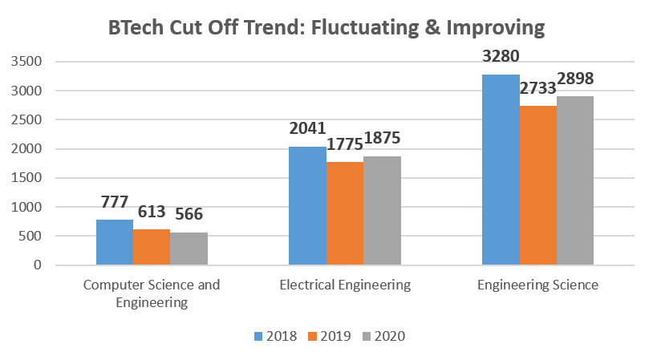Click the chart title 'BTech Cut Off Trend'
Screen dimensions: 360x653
[326, 29]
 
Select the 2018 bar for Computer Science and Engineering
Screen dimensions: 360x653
[115, 242]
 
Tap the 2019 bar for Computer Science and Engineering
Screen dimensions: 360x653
[152, 247]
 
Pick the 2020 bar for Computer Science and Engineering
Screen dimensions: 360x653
[189, 249]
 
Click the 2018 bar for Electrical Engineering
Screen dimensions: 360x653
[307, 206]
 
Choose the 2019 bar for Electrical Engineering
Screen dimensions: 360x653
[345, 213]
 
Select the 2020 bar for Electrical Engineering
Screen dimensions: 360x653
[382, 211]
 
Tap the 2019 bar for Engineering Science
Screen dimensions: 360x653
[538, 185]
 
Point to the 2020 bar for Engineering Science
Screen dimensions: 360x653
[575, 180]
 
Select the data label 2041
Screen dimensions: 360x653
[308, 129]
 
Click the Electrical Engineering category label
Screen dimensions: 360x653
[345, 285]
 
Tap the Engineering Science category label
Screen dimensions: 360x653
[537, 285]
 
